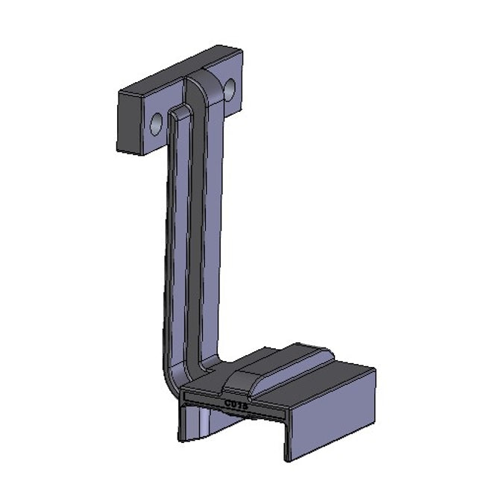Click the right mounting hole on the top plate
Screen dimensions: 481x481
229,89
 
